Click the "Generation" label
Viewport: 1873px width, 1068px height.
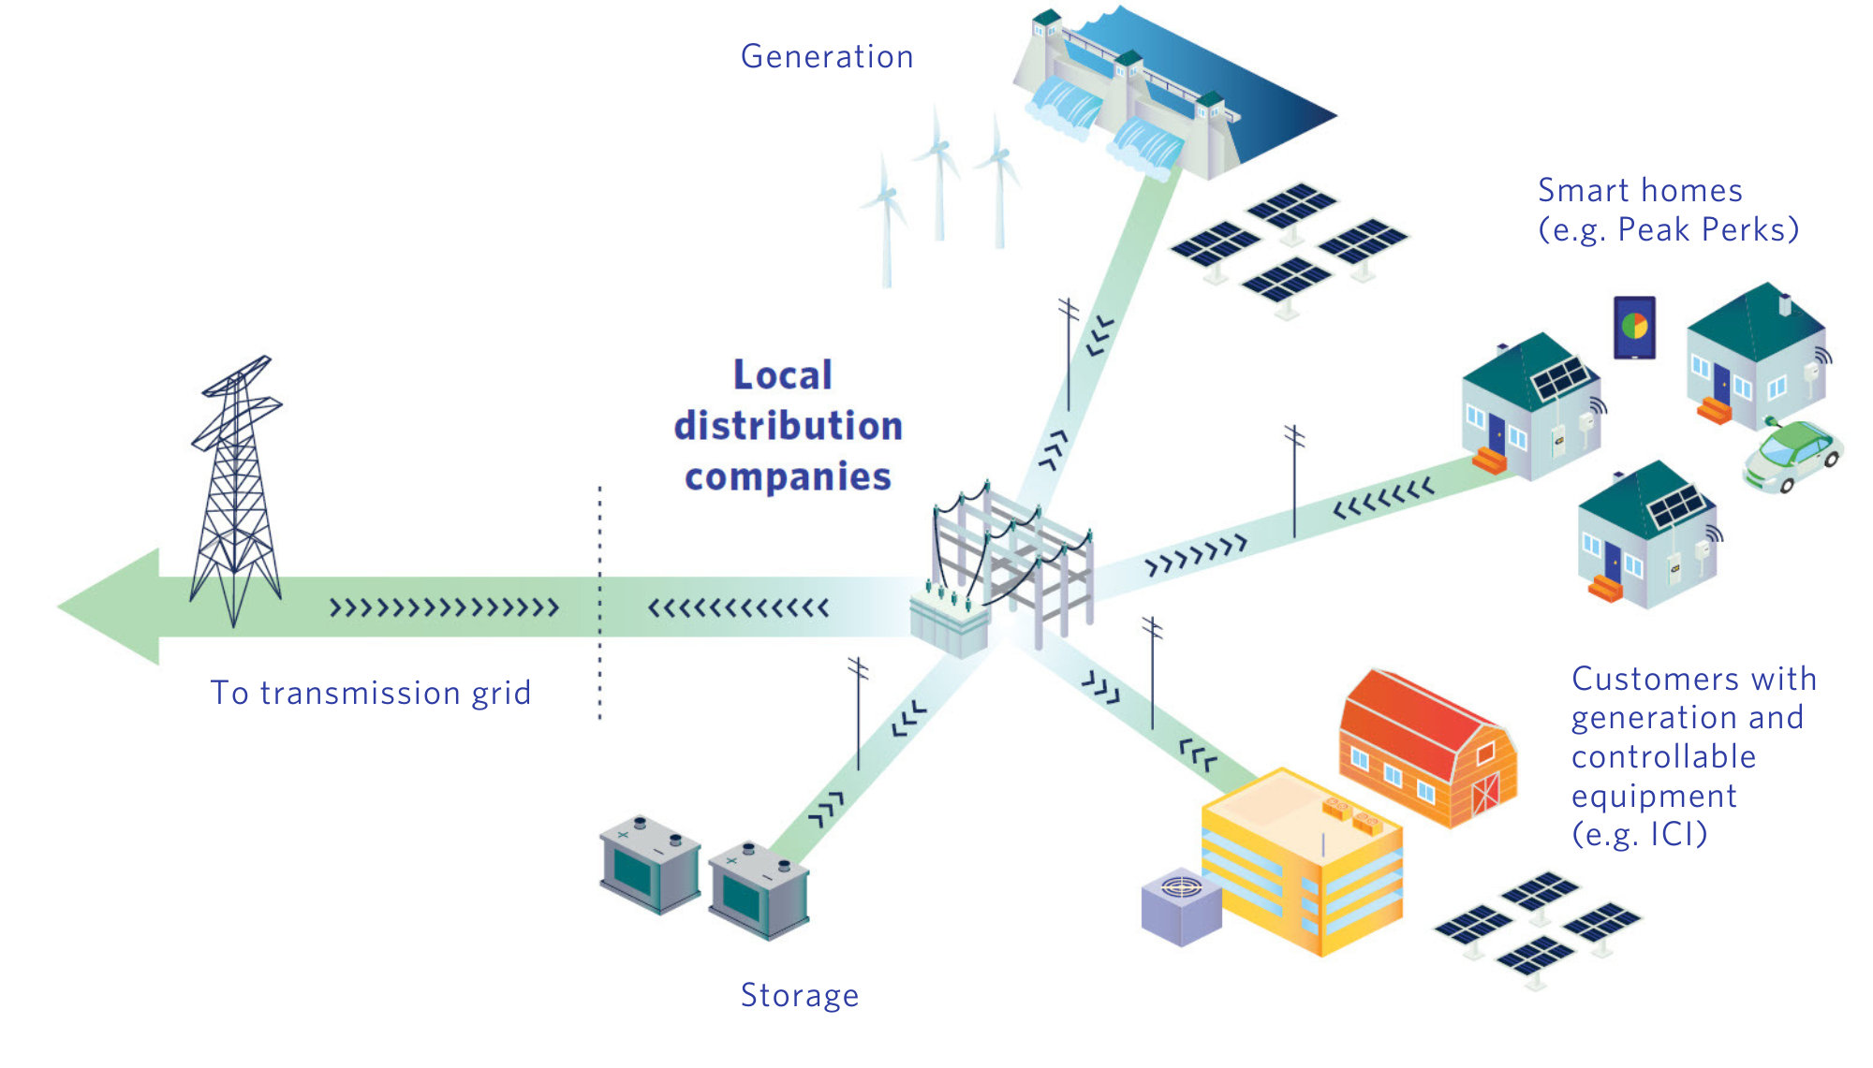827,57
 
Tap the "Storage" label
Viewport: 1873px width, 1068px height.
799,995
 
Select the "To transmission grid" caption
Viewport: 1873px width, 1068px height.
371,693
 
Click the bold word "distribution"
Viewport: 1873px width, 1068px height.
789,426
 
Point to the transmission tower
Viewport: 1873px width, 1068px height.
236,496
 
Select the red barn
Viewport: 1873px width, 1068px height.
1426,749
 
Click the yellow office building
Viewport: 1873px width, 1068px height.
1302,861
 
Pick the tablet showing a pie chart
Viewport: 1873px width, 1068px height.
1634,328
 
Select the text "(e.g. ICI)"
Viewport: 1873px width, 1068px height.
1639,834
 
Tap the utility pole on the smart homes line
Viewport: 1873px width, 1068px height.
1294,482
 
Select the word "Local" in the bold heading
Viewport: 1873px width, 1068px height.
782,375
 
